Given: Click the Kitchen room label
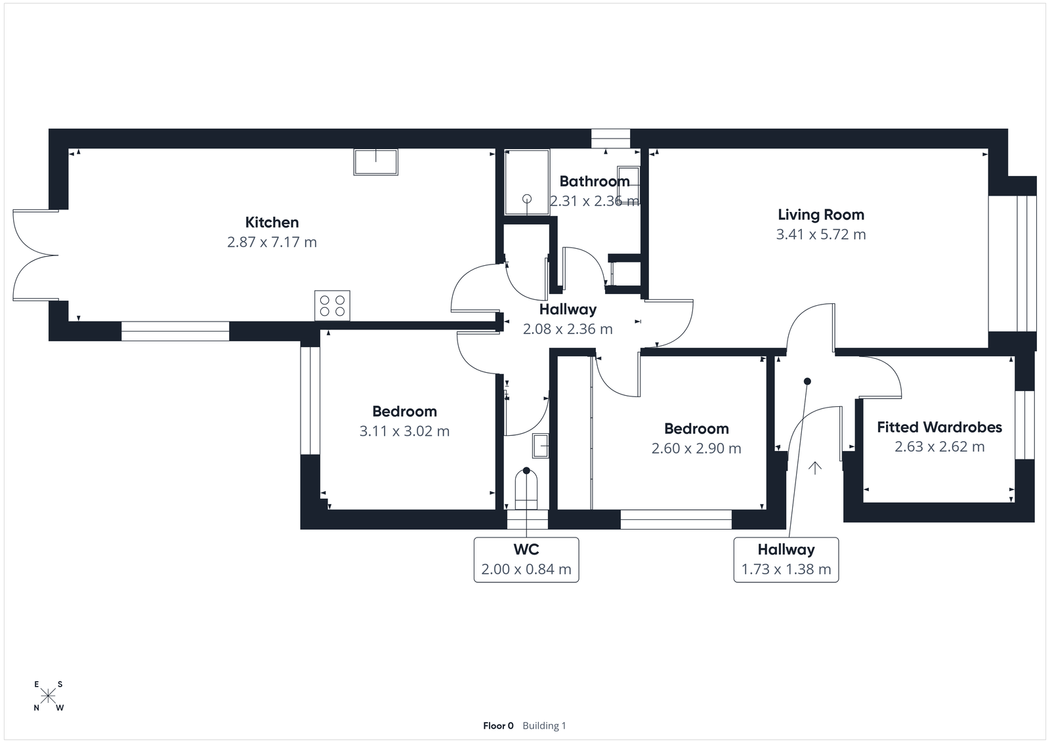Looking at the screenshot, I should point(272,223).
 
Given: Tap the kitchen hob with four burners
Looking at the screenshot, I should point(332,305).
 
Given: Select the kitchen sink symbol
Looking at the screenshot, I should point(376,162).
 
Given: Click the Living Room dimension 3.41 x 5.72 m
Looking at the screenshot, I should point(820,234).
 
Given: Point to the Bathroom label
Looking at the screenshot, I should point(594,181).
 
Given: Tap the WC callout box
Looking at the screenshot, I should point(526,560).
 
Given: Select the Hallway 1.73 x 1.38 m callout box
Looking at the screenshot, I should point(786,560).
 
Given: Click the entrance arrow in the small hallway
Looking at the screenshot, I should point(815,468).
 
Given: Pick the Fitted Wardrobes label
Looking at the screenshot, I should point(939,427).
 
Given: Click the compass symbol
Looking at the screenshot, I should point(49,696).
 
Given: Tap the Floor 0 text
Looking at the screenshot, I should point(498,725).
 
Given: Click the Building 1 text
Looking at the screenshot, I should point(544,725).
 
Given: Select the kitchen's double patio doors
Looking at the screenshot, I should point(34,255).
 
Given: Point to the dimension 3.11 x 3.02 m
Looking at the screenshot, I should point(404,431).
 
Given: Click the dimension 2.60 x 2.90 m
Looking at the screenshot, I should point(696,448).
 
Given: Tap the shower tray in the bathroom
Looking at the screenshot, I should point(527,182).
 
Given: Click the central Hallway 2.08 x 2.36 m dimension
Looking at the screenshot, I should point(568,329).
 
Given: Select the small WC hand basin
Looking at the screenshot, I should point(541,446).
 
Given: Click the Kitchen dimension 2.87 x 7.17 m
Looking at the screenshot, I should point(272,242).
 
